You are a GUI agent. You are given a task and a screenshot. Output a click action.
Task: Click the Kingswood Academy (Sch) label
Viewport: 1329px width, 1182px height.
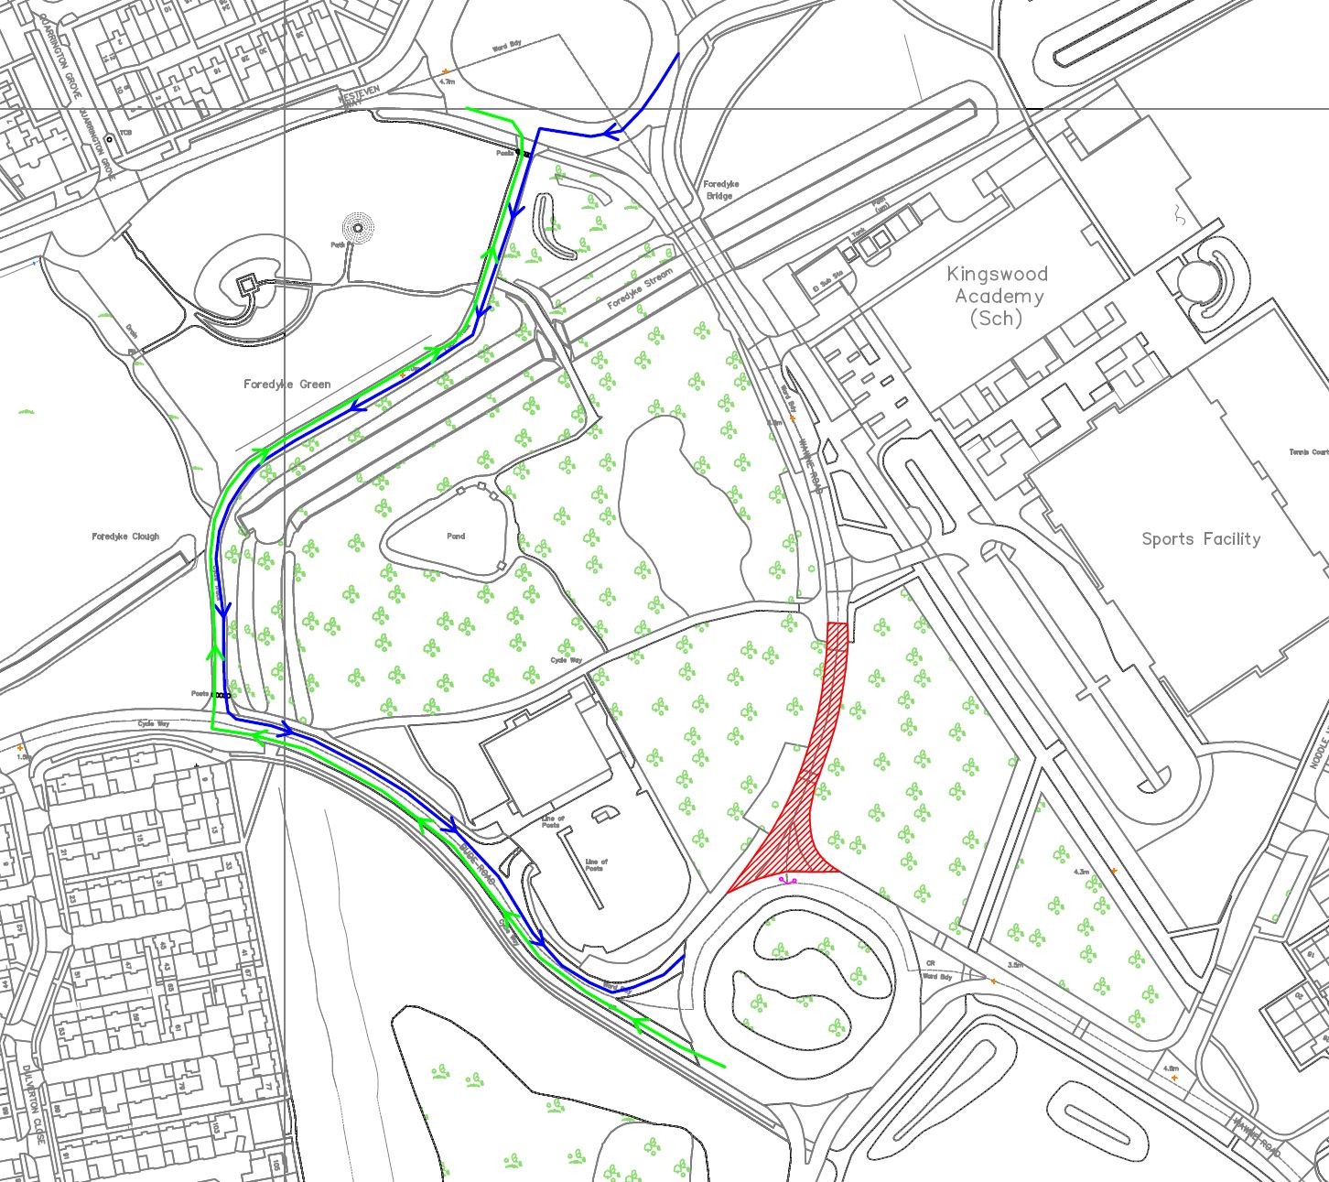click(997, 296)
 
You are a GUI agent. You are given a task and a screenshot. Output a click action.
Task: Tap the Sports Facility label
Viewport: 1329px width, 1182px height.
click(1200, 538)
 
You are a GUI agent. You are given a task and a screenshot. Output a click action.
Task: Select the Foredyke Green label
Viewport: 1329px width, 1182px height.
click(286, 385)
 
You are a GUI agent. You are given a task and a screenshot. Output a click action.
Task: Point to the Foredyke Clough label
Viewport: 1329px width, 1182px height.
click(125, 537)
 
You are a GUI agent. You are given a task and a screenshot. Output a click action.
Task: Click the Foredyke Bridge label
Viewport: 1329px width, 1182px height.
click(721, 190)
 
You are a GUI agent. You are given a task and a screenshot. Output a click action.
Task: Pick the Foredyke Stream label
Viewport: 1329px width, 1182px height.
click(640, 287)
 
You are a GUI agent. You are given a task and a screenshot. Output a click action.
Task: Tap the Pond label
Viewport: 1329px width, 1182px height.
click(456, 537)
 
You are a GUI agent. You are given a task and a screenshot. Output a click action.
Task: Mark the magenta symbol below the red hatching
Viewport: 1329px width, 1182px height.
click(786, 880)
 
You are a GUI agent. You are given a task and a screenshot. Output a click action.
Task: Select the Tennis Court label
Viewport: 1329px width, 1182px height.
click(1308, 452)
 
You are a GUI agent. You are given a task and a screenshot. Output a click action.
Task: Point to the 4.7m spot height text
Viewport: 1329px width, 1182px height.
click(448, 81)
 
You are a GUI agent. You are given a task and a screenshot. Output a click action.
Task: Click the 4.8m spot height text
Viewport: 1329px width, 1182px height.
click(1171, 1068)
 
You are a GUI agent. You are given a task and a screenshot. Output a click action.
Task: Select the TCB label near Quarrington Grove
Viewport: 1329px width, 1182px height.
click(125, 134)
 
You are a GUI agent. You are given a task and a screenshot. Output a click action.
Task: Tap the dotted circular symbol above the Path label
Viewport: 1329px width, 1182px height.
click(358, 228)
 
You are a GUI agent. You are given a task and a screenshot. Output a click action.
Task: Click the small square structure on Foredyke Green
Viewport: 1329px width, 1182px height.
click(246, 285)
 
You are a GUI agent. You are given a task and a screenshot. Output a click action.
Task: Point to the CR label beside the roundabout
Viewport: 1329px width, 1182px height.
click(930, 963)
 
